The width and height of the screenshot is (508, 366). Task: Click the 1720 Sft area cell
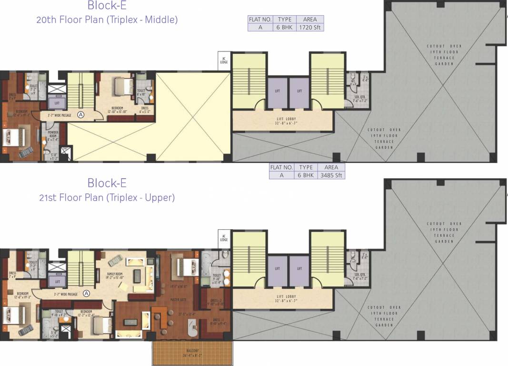[x=310, y=27]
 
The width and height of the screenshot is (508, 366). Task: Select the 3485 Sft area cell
[x=331, y=175]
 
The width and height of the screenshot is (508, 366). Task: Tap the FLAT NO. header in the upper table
[x=260, y=20]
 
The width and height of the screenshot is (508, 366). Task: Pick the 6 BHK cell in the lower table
[x=306, y=175]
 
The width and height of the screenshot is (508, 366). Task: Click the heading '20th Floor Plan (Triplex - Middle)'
[x=107, y=20]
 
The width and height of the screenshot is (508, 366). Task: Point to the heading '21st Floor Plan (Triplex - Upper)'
[x=107, y=197]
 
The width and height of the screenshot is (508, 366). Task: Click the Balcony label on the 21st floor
[x=193, y=353]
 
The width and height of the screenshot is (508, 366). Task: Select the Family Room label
[x=115, y=275]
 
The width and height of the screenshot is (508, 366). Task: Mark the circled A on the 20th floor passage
[x=81, y=114]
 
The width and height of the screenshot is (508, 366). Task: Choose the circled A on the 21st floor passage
[x=87, y=294]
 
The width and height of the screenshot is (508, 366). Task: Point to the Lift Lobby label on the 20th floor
[x=282, y=120]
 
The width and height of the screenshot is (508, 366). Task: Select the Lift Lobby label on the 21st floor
[x=282, y=299]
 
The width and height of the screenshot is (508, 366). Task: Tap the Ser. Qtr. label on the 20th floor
[x=360, y=99]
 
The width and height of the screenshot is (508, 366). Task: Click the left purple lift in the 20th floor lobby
[x=277, y=92]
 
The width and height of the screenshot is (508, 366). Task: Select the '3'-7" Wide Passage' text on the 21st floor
[x=62, y=294]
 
